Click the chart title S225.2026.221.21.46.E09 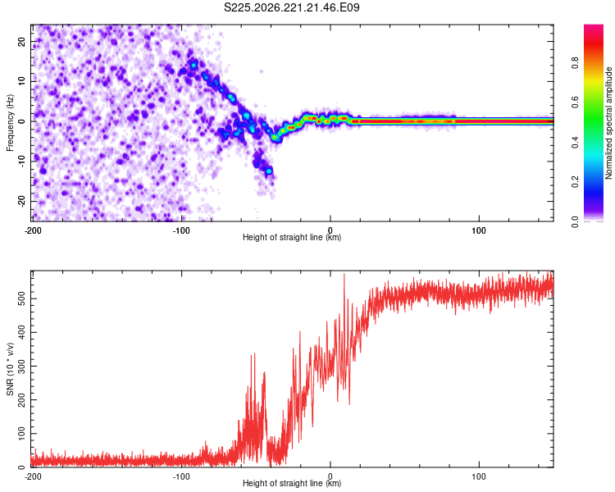point(291,7)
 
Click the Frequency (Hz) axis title point(10,122)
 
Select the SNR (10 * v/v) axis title point(10,369)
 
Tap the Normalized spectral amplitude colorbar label point(608,123)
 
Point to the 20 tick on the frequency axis point(21,41)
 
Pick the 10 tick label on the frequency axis point(21,81)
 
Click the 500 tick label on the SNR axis point(21,298)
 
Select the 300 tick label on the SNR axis point(21,366)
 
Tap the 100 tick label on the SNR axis point(21,434)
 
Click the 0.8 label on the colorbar point(575,63)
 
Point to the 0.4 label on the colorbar point(575,143)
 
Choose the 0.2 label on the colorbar point(575,182)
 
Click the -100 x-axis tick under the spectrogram point(181,230)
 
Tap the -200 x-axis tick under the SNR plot point(33,476)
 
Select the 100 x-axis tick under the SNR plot point(479,476)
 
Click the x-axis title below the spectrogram point(292,237)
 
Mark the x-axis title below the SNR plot point(292,483)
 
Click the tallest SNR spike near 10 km point(344,275)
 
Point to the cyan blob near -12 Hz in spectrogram point(269,171)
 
